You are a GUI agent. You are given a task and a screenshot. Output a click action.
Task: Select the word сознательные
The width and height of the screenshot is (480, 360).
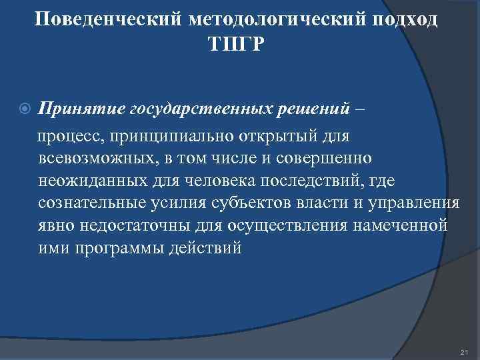tap(88, 204)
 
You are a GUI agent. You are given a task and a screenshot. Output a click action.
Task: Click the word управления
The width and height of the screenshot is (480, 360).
tap(417, 204)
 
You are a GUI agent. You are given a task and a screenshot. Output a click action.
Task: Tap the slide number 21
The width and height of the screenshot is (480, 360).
tap(465, 351)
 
